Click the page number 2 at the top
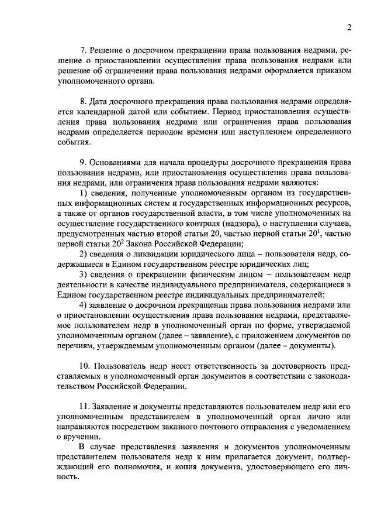click(x=348, y=28)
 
